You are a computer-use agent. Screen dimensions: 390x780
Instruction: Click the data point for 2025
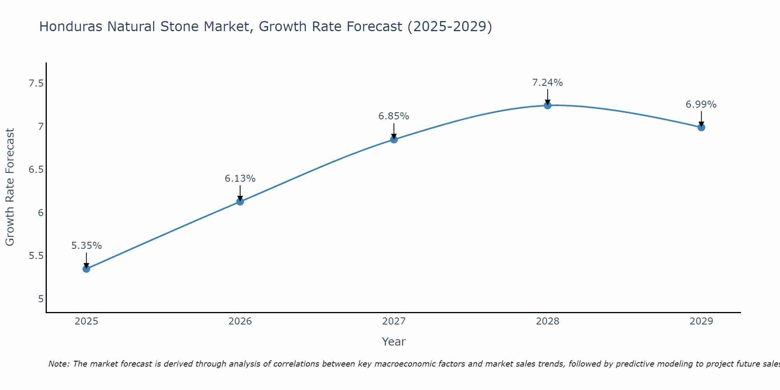tap(86, 269)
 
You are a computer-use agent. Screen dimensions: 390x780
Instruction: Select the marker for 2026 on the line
tap(240, 202)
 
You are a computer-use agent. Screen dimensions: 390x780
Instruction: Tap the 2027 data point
tap(394, 139)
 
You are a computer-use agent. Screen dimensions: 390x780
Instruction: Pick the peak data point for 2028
tap(548, 105)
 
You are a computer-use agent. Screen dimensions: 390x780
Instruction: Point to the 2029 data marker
tap(701, 127)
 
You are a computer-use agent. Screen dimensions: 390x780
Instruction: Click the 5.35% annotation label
tap(87, 246)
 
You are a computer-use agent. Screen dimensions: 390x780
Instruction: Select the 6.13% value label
tap(240, 179)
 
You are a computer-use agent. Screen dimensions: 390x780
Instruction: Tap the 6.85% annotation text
tap(394, 116)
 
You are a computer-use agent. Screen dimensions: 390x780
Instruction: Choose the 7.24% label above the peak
tap(548, 83)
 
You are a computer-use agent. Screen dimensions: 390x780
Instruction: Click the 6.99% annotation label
tap(701, 105)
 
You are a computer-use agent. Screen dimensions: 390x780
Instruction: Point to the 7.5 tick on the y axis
tap(36, 83)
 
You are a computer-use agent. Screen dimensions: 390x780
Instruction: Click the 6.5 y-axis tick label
tap(36, 170)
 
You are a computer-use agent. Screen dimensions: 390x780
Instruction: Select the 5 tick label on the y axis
tap(41, 299)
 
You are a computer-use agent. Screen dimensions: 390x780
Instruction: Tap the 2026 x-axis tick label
tap(240, 321)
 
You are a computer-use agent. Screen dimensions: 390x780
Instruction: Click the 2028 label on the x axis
tap(548, 321)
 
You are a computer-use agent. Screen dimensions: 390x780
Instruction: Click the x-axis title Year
tap(394, 342)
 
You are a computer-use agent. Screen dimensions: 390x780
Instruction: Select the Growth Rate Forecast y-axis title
tap(10, 187)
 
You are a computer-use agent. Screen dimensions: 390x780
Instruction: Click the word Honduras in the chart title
tap(71, 27)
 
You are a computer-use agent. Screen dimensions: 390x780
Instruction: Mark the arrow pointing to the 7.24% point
tap(548, 97)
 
